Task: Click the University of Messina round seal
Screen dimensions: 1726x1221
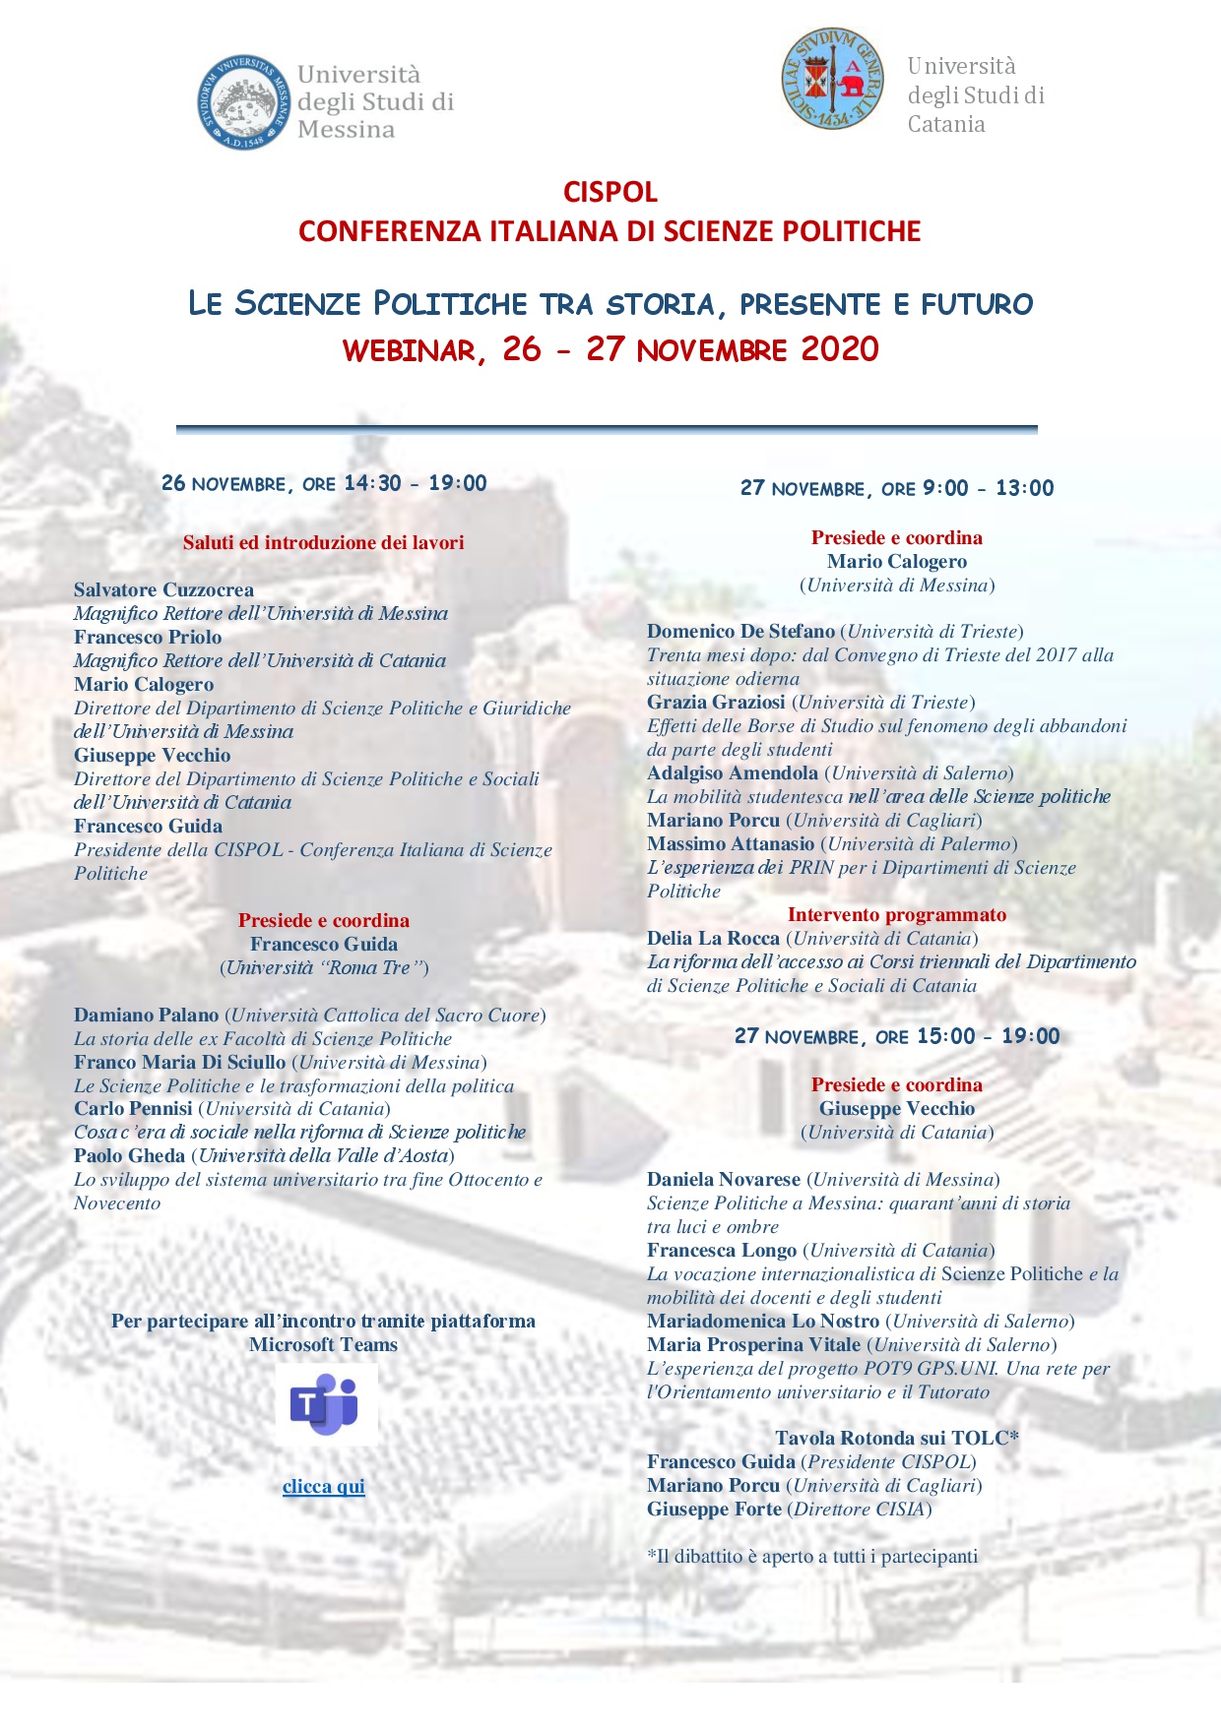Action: point(245,102)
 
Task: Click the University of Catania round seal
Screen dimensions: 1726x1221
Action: point(833,79)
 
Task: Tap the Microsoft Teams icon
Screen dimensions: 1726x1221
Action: point(325,1403)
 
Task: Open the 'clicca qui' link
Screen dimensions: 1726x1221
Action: point(323,1486)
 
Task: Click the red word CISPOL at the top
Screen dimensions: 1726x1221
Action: point(610,192)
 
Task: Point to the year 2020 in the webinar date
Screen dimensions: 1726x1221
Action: point(840,349)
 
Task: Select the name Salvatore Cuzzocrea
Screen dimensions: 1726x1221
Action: point(163,590)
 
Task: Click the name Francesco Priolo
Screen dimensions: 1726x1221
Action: point(148,638)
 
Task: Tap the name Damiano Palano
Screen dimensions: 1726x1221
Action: point(146,1016)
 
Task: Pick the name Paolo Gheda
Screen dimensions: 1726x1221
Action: point(129,1156)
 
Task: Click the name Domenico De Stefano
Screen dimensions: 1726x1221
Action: point(740,632)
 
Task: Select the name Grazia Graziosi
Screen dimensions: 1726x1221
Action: point(716,703)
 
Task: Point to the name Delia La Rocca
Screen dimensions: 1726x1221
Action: point(713,939)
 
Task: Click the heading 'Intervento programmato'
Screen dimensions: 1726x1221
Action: point(897,915)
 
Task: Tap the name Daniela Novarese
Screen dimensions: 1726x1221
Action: point(724,1180)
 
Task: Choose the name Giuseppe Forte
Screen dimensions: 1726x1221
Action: point(714,1510)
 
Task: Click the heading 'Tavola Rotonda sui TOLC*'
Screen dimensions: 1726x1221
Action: point(896,1439)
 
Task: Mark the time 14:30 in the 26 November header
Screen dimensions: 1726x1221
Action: point(372,483)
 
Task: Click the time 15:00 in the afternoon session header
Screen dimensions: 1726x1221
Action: point(945,1036)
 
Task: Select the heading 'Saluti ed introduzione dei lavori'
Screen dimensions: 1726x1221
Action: point(323,543)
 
